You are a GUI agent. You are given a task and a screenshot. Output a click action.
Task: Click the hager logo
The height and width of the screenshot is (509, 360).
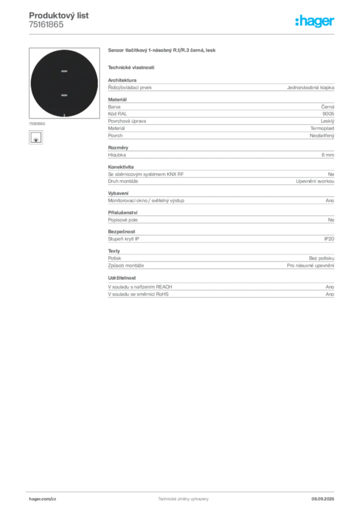314,21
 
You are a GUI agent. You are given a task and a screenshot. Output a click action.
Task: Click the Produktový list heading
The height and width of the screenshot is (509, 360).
59,15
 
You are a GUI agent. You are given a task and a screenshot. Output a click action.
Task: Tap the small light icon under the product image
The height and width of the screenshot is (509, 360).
36,138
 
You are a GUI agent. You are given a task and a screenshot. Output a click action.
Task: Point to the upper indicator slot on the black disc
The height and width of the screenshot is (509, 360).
64,71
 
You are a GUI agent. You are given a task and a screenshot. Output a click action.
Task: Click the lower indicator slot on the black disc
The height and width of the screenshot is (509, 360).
64,95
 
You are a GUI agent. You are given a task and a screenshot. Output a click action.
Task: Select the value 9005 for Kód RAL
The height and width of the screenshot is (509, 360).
328,114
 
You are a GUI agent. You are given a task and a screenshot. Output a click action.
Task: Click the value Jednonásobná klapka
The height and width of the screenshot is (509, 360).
310,87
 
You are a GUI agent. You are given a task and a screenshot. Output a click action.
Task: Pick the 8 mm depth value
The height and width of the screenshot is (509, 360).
328,155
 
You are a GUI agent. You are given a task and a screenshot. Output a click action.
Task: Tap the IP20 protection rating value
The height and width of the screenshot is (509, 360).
329,239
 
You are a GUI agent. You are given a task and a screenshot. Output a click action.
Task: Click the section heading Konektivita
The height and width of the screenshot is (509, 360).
121,167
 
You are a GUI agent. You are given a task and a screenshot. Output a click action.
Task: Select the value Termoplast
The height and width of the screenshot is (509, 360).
322,128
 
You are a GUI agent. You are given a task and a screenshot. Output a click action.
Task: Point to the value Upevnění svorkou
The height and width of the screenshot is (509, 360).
315,181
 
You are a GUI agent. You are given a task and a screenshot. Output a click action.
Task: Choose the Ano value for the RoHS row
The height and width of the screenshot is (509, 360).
330,294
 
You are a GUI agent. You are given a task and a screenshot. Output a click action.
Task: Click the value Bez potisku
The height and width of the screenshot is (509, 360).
321,258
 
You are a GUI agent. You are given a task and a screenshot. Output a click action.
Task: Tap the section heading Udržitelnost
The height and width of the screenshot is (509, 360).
122,278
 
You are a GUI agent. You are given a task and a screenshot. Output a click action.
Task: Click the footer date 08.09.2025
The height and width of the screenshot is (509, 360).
323,499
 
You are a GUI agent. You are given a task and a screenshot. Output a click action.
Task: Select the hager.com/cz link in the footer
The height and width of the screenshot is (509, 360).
43,499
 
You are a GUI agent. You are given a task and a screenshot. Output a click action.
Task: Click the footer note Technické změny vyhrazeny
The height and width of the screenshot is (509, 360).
183,499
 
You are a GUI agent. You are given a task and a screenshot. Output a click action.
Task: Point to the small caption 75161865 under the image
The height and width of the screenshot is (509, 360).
37,124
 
